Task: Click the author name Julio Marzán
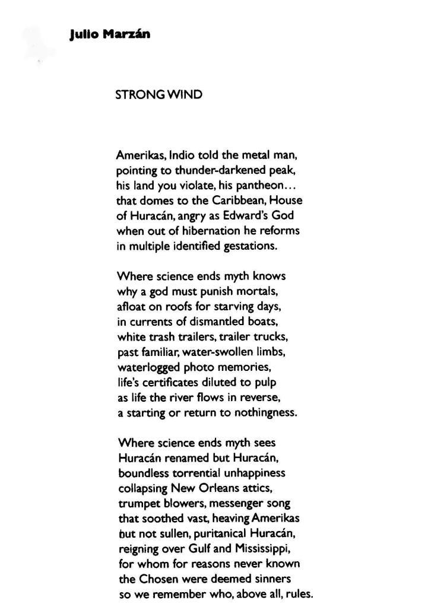tap(110, 34)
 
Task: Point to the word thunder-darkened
tap(193, 170)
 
